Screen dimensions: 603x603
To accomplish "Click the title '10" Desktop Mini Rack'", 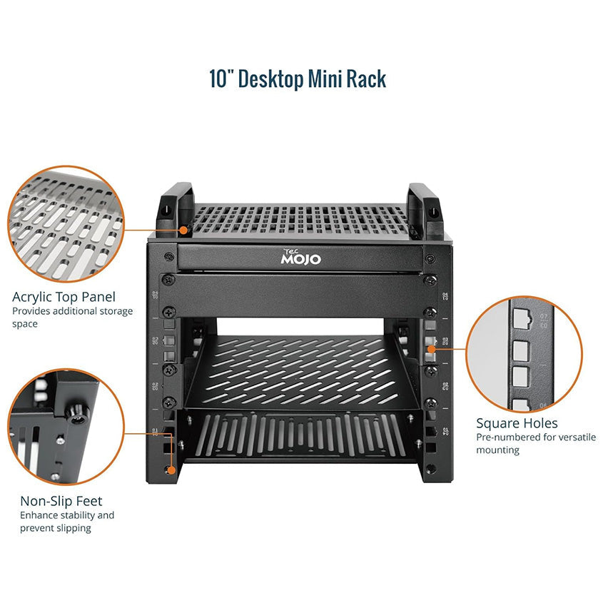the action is (298, 78).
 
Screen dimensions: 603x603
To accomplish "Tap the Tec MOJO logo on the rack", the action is (300, 257).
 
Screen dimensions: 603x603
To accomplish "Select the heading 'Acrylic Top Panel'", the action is (64, 297).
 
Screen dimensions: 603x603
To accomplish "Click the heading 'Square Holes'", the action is (517, 423).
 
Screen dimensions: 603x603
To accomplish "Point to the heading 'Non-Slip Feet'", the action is (61, 501).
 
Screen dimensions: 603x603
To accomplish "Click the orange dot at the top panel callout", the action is (184, 230).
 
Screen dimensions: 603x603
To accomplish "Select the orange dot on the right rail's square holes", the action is (432, 349).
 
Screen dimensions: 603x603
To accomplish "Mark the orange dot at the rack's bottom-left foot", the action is (171, 470).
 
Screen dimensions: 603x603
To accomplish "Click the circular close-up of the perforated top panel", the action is (66, 224).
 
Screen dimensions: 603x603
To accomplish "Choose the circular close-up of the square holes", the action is (525, 354).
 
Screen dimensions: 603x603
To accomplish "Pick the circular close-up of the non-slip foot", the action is (66, 427).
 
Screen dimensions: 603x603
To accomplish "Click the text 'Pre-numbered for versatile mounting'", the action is (536, 443).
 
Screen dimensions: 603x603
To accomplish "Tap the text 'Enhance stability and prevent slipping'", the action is (67, 522).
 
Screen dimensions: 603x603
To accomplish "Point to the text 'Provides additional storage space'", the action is (72, 318).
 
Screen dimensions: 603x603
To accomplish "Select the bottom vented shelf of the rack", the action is (300, 437).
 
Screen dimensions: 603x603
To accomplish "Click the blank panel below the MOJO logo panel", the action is (298, 295).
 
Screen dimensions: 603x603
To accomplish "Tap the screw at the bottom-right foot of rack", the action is (431, 469).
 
